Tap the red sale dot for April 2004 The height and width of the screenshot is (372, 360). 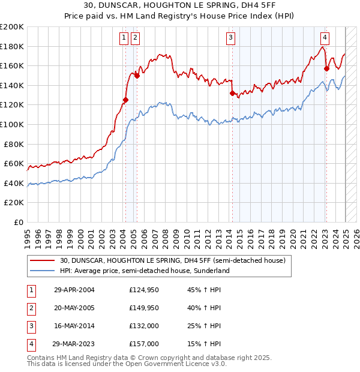point(125,100)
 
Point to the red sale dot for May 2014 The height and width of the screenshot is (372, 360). point(232,93)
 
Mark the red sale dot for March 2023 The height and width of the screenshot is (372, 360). point(326,68)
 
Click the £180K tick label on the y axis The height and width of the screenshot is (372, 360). point(12,46)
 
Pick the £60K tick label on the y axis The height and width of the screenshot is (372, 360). point(14,163)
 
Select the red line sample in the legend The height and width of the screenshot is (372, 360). point(43,260)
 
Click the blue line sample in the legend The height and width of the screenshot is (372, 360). point(43,271)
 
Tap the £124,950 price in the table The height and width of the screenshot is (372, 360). point(143,290)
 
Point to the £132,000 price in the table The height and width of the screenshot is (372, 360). point(143,326)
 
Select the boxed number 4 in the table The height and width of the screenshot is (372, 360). point(30,344)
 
